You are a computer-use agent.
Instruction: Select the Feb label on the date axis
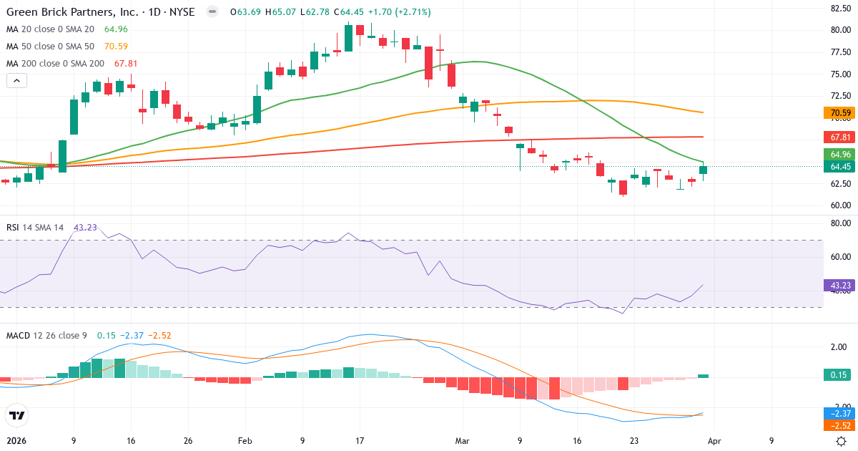[245, 442]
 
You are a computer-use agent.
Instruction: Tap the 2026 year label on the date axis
[16, 442]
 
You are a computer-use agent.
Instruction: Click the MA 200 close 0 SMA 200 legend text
[55, 64]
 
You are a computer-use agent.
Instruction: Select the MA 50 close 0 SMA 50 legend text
[50, 47]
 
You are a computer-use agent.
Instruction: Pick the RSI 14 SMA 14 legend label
[35, 228]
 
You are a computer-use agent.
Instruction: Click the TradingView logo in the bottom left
[16, 415]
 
